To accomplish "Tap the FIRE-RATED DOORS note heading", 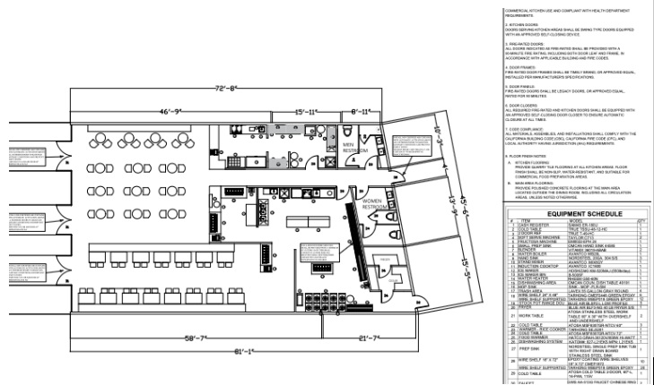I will point(522,42).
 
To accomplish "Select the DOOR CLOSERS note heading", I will point(521,106).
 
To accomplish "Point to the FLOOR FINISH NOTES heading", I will point(526,155).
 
